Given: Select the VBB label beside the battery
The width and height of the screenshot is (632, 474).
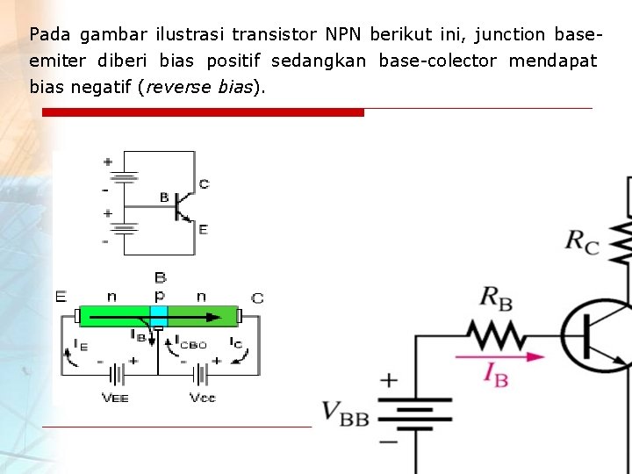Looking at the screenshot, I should click(345, 413).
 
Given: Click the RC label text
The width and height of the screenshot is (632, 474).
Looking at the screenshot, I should click(581, 241).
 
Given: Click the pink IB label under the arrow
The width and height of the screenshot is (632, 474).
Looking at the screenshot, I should click(496, 375).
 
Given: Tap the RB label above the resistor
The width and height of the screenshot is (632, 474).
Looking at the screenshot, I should click(496, 298).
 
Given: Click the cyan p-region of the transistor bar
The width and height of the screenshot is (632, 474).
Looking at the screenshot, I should click(159, 315).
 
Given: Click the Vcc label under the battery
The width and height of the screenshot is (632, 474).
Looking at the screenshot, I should click(202, 398).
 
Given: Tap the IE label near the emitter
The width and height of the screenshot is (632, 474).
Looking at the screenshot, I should click(80, 344).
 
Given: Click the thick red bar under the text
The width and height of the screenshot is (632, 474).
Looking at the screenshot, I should click(203, 112).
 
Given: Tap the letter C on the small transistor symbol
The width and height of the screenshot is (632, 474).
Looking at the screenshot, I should click(204, 184).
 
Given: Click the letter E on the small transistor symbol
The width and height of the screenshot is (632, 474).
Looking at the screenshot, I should click(203, 229).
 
